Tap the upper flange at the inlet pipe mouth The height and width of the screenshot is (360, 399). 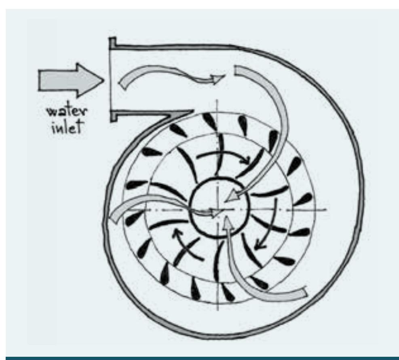click(x=113, y=42)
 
